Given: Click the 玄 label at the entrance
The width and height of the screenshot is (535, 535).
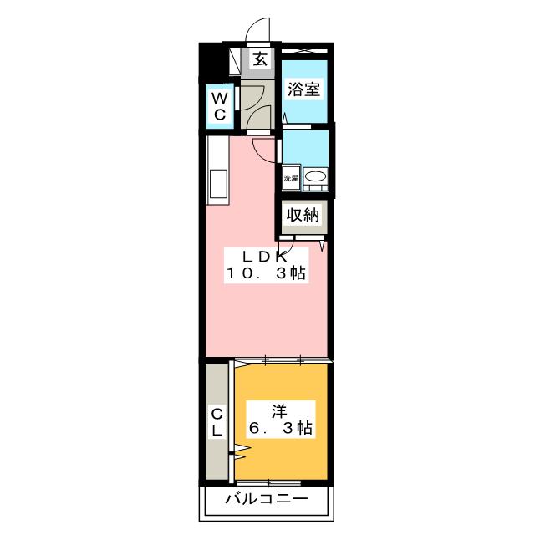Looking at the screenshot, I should [x=261, y=59].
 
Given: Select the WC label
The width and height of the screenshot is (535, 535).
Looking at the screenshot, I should [x=218, y=107].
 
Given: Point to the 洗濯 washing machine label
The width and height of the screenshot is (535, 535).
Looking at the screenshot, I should [x=290, y=177].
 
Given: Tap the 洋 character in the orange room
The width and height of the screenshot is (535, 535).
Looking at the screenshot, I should [x=279, y=410].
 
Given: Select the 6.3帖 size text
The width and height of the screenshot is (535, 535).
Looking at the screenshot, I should [x=279, y=429].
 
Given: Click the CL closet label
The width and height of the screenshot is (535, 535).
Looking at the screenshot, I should [x=217, y=423].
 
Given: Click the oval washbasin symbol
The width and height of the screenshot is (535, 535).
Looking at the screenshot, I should [x=315, y=176].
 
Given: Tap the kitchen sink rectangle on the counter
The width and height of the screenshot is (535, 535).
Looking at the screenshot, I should [x=218, y=183].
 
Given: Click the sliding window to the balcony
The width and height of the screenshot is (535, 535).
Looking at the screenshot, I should [x=269, y=483].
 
